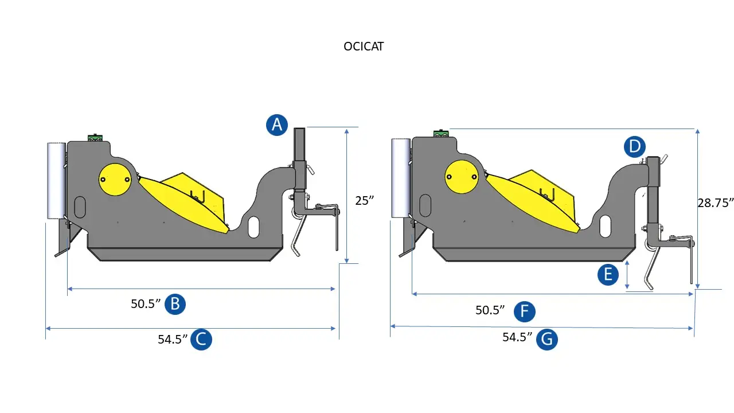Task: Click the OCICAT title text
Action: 364,46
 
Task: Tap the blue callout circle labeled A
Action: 277,125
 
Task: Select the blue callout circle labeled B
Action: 175,304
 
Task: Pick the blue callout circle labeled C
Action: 201,339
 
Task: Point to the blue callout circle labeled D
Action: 635,146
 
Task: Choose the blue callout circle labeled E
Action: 608,274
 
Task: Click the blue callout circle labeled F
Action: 525,311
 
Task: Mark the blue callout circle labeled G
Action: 547,339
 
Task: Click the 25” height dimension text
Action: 364,201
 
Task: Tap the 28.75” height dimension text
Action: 715,203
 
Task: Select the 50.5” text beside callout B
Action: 146,304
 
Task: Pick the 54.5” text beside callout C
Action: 173,339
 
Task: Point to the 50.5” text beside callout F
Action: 490,310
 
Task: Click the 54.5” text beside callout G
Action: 517,337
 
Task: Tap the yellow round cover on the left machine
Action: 115,180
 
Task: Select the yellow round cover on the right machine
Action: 462,177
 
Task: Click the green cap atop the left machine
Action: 95,138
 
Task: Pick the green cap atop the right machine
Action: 441,133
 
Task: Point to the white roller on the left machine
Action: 56,181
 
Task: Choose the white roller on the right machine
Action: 401,178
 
